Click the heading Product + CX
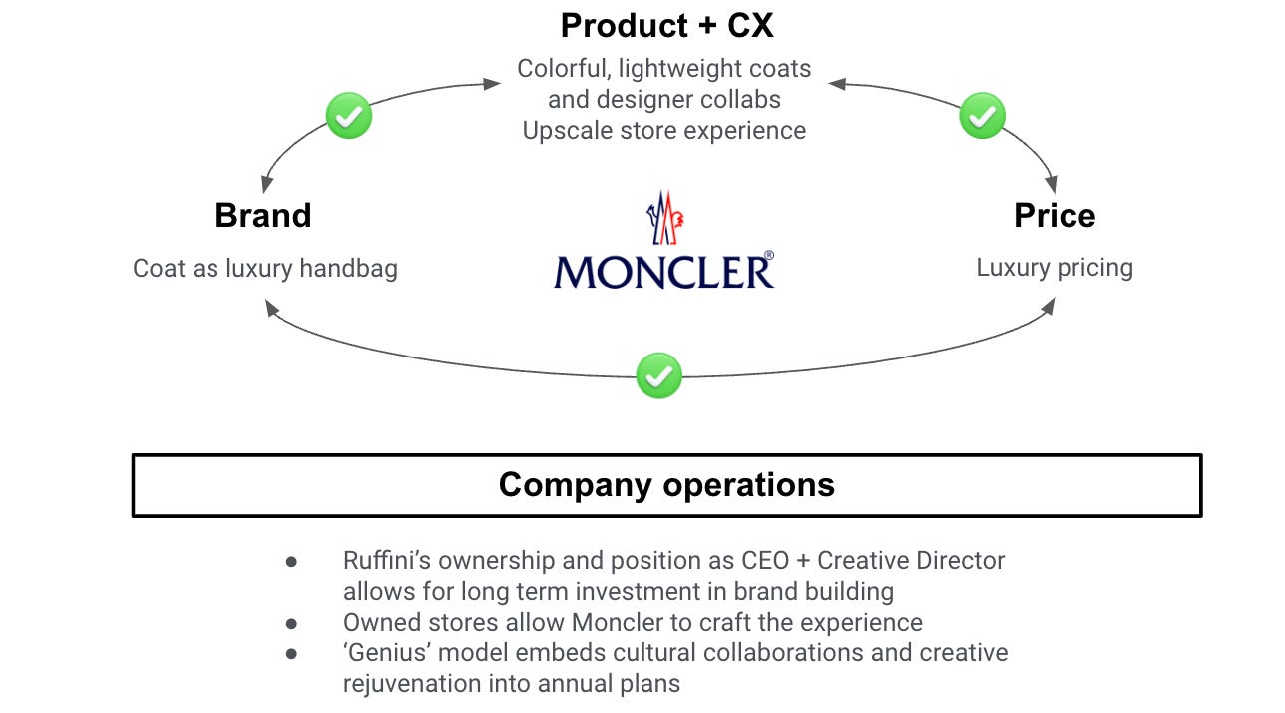pos(666,25)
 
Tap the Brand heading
pos(263,215)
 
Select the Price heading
pos(1054,215)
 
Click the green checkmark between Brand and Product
pos(349,116)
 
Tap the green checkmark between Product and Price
pos(982,116)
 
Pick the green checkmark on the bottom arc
pos(658,375)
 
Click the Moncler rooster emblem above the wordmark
pos(663,217)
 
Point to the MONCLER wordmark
pos(663,270)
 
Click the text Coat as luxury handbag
pos(265,268)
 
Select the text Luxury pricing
pos(1054,268)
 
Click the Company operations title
pos(666,484)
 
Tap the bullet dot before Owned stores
pos(291,623)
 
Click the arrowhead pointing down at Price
pos(1051,186)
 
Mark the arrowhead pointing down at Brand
pos(265,186)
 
